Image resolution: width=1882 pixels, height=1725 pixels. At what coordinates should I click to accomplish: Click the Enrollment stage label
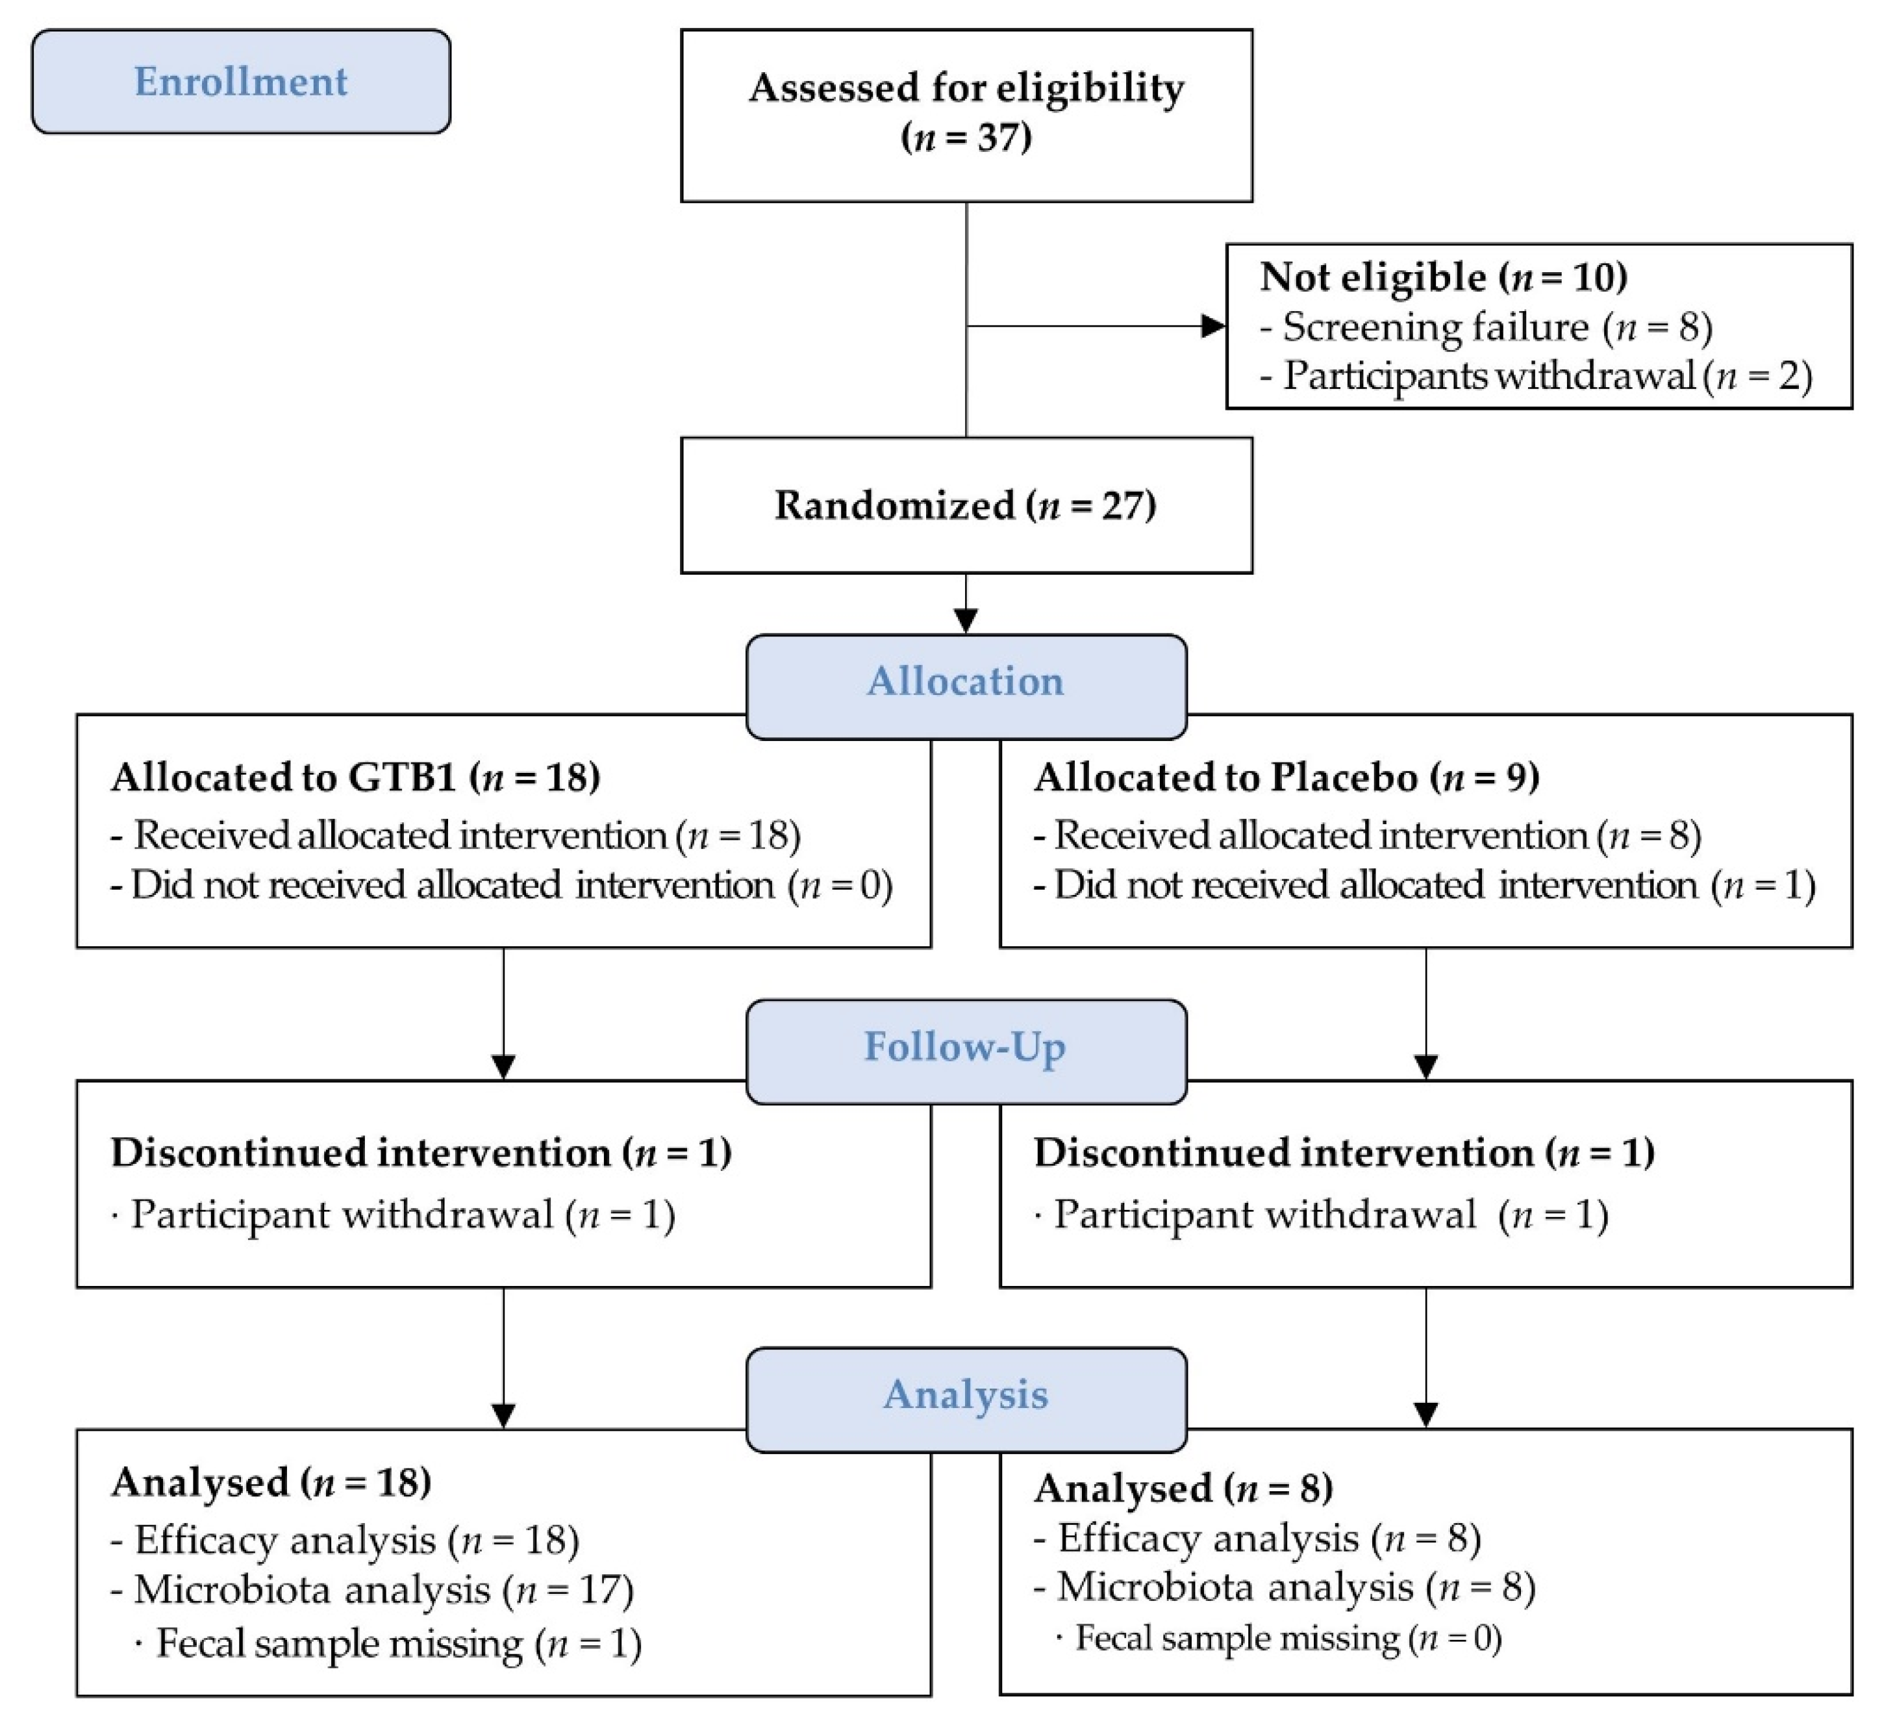(241, 81)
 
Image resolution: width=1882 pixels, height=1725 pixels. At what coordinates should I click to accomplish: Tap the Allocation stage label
(965, 681)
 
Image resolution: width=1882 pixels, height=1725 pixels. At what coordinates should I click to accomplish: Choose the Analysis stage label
(965, 1394)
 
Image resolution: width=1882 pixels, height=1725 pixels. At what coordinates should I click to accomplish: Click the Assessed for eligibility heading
(966, 88)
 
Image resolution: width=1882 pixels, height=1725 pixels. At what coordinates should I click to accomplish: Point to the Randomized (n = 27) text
(965, 505)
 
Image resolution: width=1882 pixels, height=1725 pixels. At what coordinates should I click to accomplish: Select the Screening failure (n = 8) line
(1486, 327)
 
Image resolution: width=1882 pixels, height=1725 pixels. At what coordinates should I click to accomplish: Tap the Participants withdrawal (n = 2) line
(1536, 376)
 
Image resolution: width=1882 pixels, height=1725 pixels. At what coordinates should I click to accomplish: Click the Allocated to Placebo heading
(1286, 777)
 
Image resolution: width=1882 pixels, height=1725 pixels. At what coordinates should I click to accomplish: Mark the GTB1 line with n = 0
(501, 885)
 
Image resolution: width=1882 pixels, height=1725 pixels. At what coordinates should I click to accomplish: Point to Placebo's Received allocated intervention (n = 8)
(1366, 835)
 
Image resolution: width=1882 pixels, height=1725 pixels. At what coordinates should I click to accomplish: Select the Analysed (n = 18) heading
(271, 1482)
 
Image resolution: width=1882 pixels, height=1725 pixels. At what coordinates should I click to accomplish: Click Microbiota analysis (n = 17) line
(371, 1589)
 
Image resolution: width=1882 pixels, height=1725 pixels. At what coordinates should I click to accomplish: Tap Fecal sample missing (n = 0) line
(1279, 1638)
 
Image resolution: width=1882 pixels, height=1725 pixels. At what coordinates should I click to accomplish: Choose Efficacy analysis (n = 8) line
(1257, 1537)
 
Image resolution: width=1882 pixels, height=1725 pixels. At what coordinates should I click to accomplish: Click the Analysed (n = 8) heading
(1183, 1488)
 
